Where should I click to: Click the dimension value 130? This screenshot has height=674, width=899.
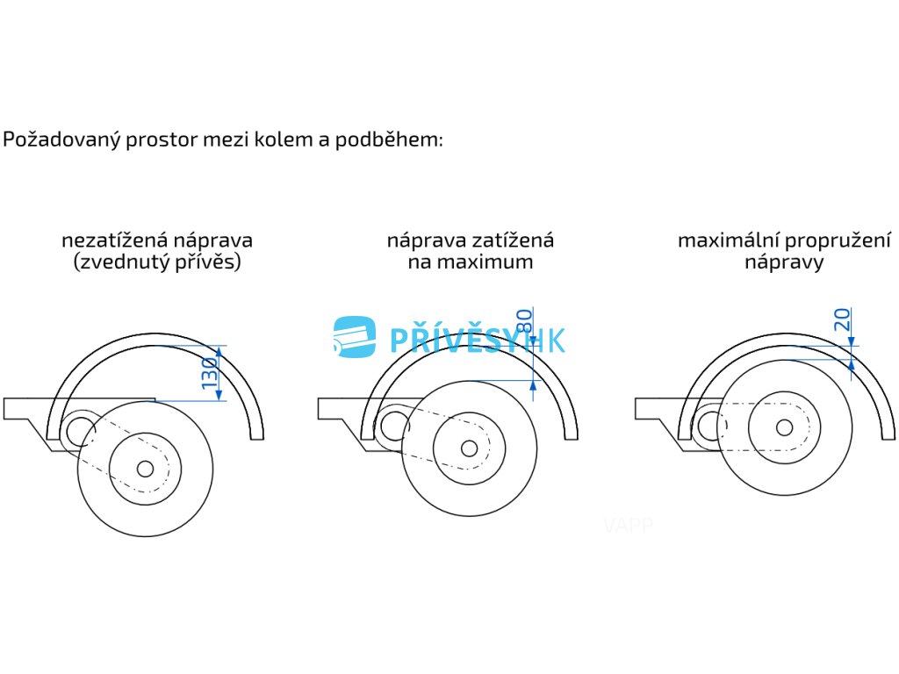[209, 373]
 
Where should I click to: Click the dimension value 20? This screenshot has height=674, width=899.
[843, 320]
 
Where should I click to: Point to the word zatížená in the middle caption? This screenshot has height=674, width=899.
[515, 240]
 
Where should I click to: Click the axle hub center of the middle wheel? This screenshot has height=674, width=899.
[470, 448]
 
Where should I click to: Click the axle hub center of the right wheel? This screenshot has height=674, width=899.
[784, 427]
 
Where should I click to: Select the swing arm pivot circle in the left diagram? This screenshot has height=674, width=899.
[80, 429]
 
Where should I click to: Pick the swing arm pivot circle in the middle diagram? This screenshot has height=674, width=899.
[392, 426]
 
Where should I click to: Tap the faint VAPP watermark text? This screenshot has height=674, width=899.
[628, 526]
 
